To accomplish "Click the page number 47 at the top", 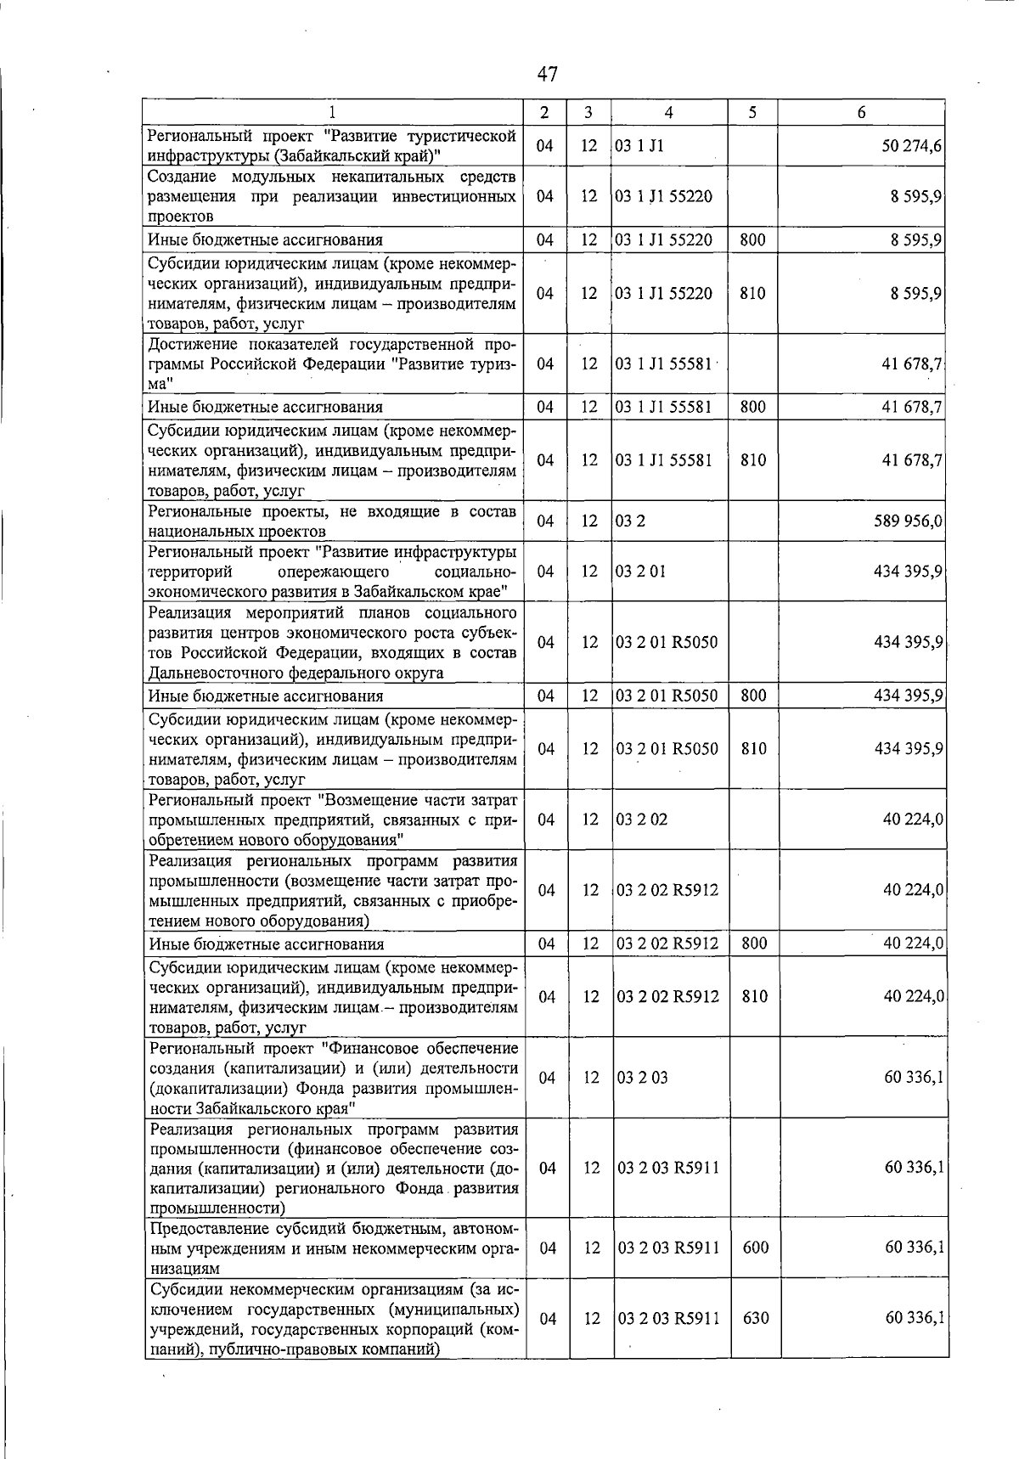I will point(548,74).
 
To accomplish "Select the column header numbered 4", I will point(669,112).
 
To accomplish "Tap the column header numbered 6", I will point(861,112).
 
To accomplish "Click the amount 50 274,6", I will point(911,146).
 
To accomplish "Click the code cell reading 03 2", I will point(630,521).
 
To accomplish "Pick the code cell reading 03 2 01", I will point(641,571).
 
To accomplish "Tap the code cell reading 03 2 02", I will point(642,820).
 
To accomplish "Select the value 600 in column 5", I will point(755,1248).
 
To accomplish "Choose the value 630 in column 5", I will point(755,1318).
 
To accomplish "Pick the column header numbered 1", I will point(332,112).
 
